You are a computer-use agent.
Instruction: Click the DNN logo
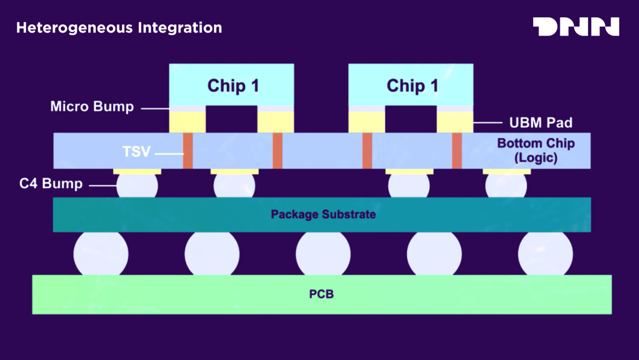click(x=576, y=27)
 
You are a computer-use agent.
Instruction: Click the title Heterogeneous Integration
click(x=119, y=28)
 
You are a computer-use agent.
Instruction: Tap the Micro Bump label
click(x=92, y=107)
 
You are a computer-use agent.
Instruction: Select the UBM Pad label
click(x=541, y=123)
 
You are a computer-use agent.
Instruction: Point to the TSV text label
click(x=137, y=152)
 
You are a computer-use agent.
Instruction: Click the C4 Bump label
click(x=51, y=184)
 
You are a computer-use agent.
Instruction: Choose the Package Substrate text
click(x=323, y=214)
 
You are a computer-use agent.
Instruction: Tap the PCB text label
click(x=321, y=294)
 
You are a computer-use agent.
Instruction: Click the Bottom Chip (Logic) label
click(x=535, y=151)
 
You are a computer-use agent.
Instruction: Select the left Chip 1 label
click(x=233, y=86)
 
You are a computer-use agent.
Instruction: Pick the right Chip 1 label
click(x=412, y=86)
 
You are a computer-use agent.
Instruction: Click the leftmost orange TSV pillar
click(x=188, y=151)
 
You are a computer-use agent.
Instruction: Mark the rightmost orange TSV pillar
click(x=457, y=151)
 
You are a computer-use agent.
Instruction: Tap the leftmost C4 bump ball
click(x=137, y=186)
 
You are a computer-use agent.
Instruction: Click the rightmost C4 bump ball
click(x=506, y=186)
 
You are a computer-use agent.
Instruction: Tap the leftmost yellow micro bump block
click(x=188, y=121)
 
